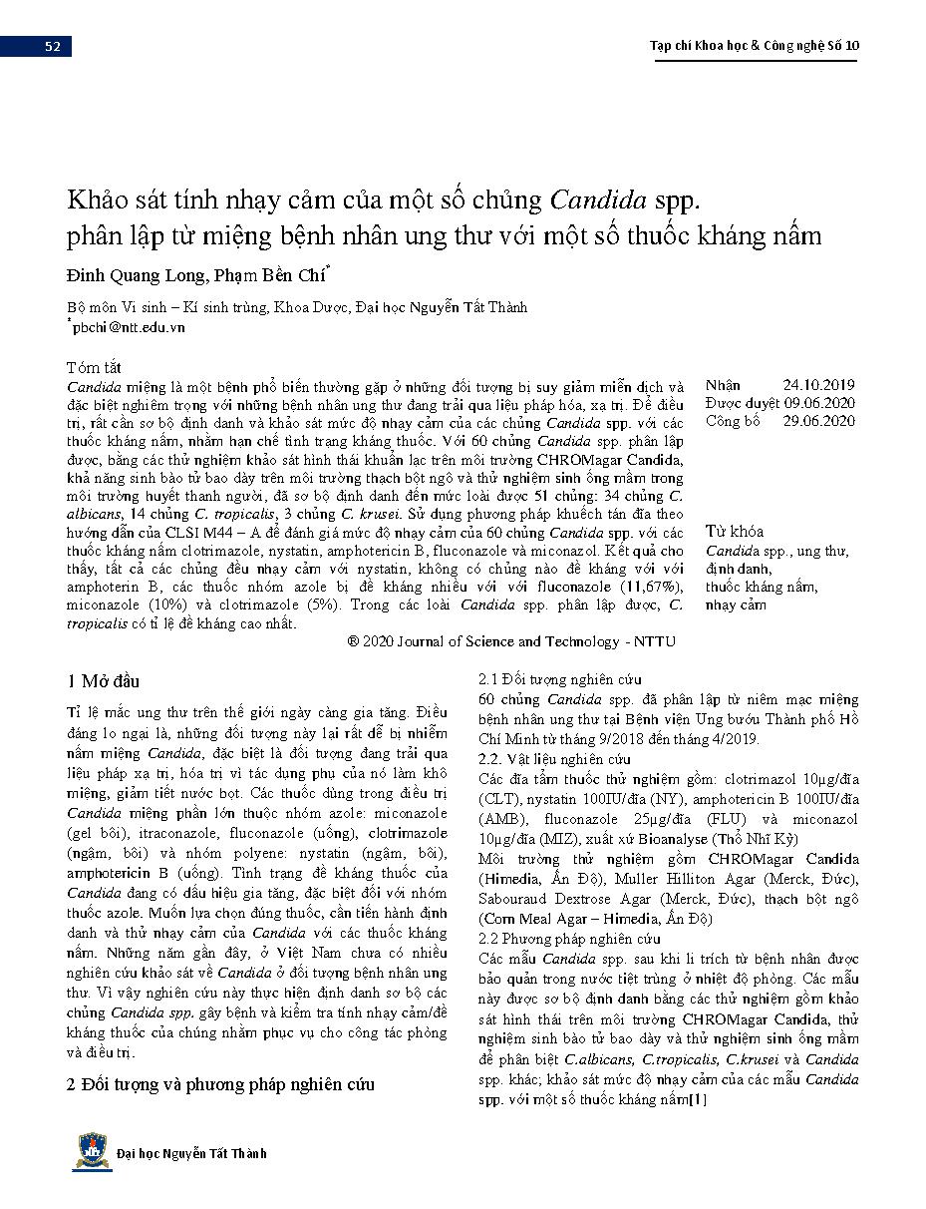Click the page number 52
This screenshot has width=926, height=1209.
point(52,46)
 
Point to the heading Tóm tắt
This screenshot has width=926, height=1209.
point(96,366)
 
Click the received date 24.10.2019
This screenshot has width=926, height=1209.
point(818,385)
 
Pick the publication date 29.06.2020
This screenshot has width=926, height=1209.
point(819,421)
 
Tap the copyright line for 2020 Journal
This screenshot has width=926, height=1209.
point(510,641)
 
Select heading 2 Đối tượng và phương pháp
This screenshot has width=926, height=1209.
point(220,1085)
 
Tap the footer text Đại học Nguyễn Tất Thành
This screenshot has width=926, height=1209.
point(191,1153)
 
